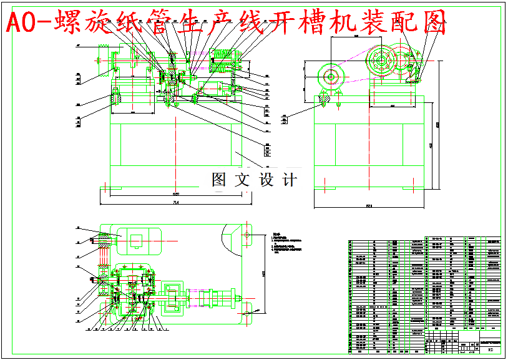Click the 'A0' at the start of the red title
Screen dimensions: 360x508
coord(19,23)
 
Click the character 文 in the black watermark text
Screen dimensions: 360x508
coord(241,180)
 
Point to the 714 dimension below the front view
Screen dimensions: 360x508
coord(176,202)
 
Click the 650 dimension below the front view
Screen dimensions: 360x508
coord(177,194)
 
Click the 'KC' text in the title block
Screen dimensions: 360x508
coord(490,350)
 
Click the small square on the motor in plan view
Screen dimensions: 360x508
coord(135,238)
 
